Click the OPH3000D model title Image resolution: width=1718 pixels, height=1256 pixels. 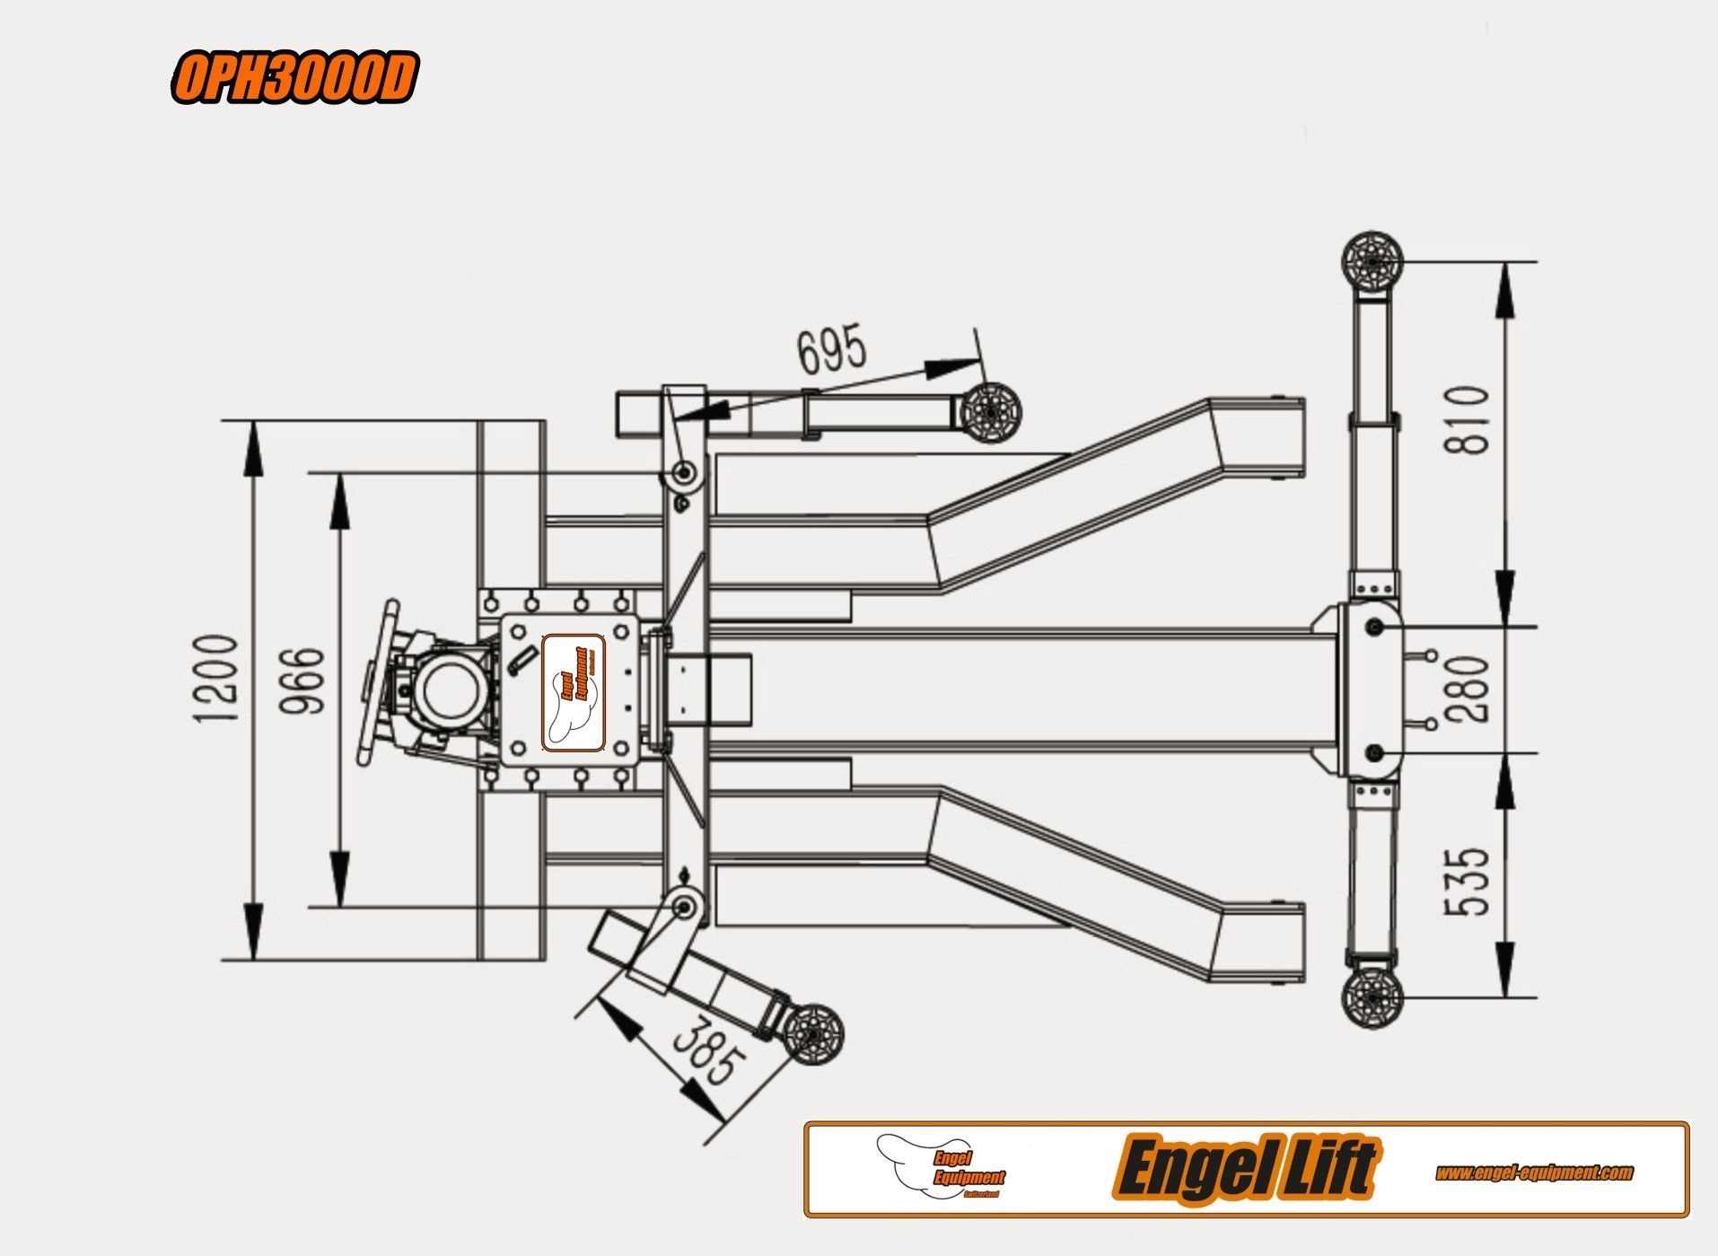pos(294,79)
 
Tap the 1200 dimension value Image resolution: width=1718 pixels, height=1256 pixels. pos(217,678)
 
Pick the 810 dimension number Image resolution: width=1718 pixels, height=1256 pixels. pos(1468,419)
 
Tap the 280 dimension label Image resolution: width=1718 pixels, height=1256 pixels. pos(1468,689)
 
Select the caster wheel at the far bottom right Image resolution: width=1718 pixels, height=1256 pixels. pos(1372,997)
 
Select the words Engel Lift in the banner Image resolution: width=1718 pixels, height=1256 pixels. pos(1244,1169)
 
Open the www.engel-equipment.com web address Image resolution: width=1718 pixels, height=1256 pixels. pos(1534,1173)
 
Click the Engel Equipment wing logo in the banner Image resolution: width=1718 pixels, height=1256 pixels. pos(942,1167)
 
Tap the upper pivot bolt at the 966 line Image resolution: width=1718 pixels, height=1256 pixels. pos(685,472)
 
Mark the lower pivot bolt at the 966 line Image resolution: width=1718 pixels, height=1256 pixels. pos(685,907)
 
